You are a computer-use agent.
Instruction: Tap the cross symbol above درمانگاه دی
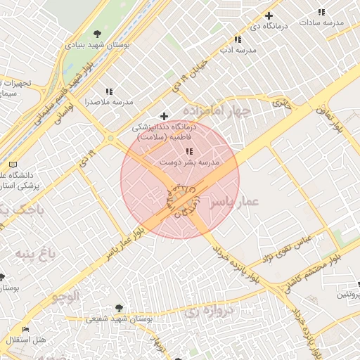click(x=269, y=15)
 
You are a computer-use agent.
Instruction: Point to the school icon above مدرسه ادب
click(x=238, y=39)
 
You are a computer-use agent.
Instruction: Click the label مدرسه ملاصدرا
click(x=109, y=102)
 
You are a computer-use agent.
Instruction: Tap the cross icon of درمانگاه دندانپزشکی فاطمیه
click(x=165, y=116)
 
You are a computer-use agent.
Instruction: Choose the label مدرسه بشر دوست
click(x=189, y=162)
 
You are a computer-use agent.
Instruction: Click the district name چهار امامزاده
click(x=217, y=111)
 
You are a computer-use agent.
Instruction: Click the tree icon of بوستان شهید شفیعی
click(x=118, y=307)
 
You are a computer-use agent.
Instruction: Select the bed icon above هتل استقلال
click(x=26, y=329)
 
